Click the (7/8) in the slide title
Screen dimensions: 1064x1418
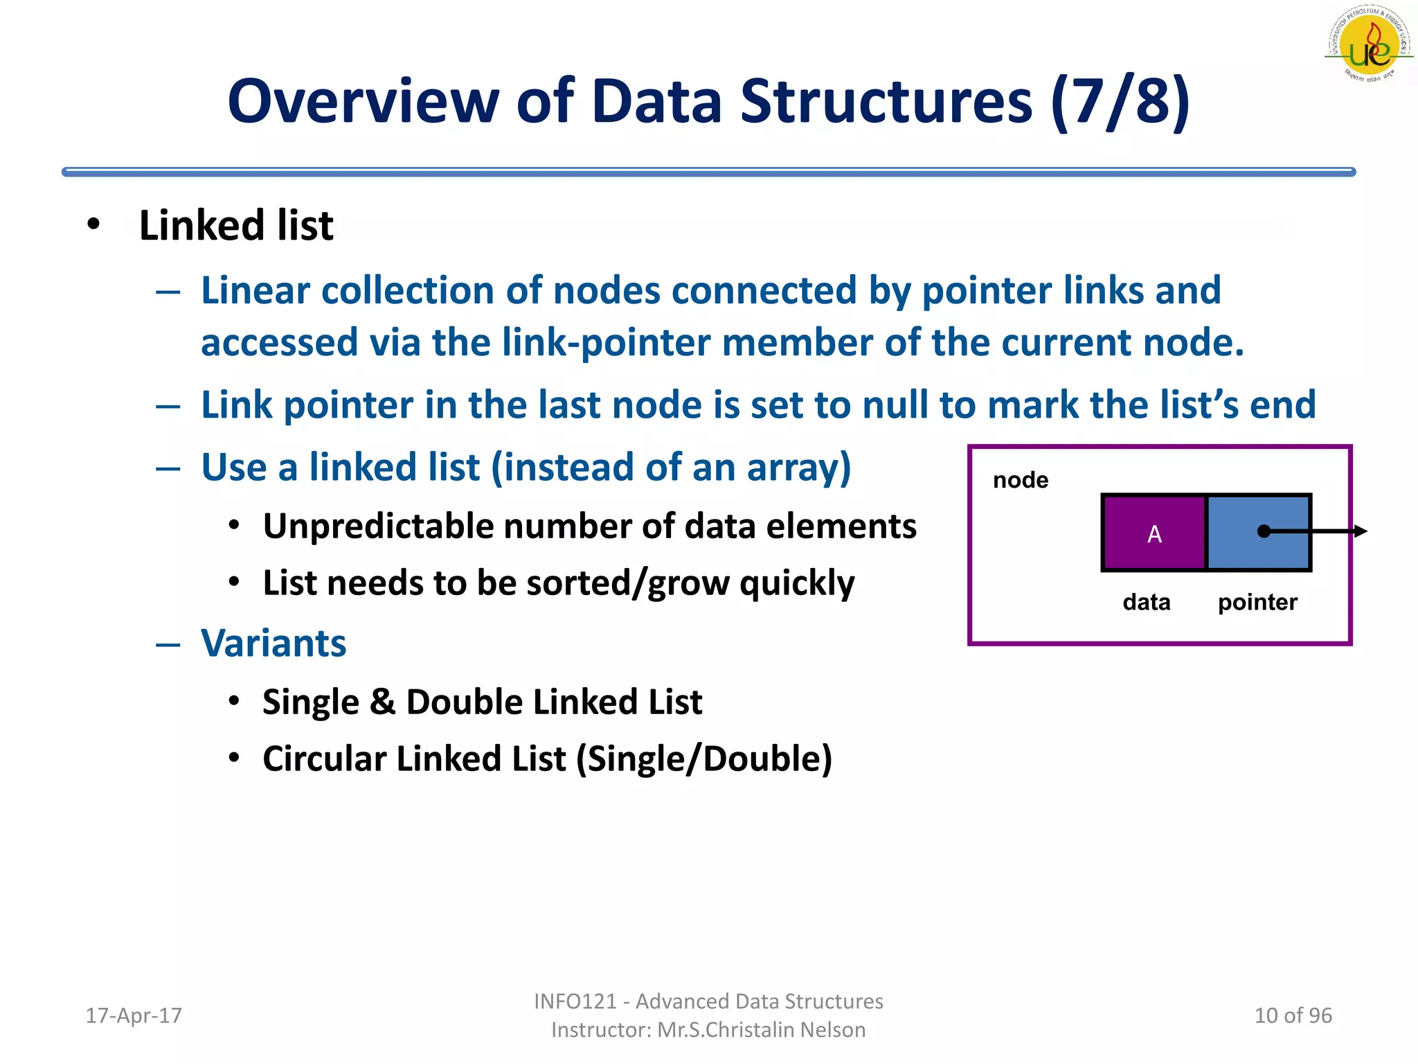click(x=1120, y=102)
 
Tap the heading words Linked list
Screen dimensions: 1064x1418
click(x=236, y=226)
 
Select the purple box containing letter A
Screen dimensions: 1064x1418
click(x=1154, y=533)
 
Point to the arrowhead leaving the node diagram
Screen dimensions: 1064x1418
click(x=1361, y=531)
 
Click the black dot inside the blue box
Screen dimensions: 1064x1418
click(x=1264, y=531)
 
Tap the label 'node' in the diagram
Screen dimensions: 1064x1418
click(x=1020, y=480)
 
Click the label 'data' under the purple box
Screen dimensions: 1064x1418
click(x=1146, y=602)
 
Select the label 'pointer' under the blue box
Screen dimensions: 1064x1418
click(x=1257, y=602)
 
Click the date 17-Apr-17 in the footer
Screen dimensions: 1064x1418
click(x=133, y=1016)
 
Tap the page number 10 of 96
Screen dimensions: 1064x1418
click(x=1293, y=1016)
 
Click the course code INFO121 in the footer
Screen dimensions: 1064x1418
click(x=575, y=1001)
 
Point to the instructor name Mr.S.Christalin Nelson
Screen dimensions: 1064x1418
click(x=761, y=1030)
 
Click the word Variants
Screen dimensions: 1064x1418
click(x=273, y=644)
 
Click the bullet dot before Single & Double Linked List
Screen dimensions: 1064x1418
click(x=234, y=701)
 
